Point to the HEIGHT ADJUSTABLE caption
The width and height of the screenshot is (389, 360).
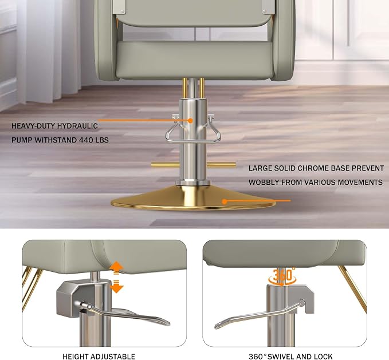pos(99,357)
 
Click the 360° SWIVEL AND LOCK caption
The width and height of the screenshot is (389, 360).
pos(290,357)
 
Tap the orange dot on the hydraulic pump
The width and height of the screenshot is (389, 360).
pos(190,121)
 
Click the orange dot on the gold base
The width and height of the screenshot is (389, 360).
pos(225,201)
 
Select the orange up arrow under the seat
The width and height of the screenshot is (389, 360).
pos(116,267)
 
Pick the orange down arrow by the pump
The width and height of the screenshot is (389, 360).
pos(116,286)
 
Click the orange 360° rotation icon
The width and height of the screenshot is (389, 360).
pos(282,276)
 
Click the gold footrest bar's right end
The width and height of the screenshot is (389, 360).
pos(234,165)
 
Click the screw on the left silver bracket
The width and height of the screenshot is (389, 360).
pos(122,11)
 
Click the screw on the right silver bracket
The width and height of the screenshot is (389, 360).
pos(264,11)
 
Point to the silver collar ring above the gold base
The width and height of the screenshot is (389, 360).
pos(192,183)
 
